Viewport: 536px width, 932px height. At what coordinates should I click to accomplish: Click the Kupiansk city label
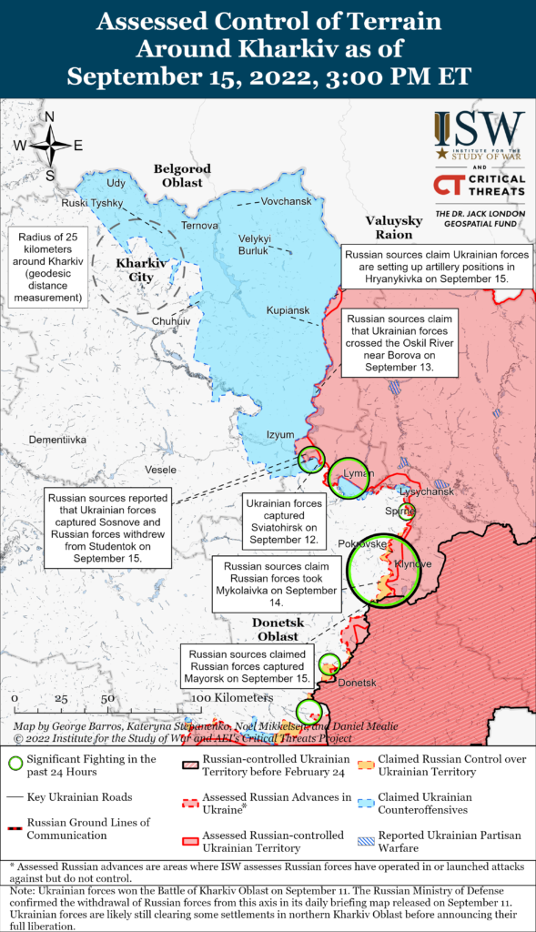[287, 310]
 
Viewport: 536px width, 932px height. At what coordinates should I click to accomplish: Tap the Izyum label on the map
[280, 435]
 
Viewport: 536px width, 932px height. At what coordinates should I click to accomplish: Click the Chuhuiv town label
[171, 321]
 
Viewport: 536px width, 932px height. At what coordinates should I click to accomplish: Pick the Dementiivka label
[57, 440]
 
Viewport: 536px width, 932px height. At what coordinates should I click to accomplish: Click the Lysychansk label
[427, 491]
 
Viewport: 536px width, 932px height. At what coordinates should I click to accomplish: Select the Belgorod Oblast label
[182, 175]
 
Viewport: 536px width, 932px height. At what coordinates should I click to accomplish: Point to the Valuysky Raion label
[394, 228]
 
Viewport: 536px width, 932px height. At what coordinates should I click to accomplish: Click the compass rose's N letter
[50, 116]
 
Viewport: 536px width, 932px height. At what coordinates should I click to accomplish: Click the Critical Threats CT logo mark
[448, 186]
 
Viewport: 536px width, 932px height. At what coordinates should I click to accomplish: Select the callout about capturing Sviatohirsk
[281, 521]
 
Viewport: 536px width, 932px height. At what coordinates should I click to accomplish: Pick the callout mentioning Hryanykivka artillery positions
[435, 266]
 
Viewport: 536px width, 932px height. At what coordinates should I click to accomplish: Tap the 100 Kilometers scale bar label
[232, 697]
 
